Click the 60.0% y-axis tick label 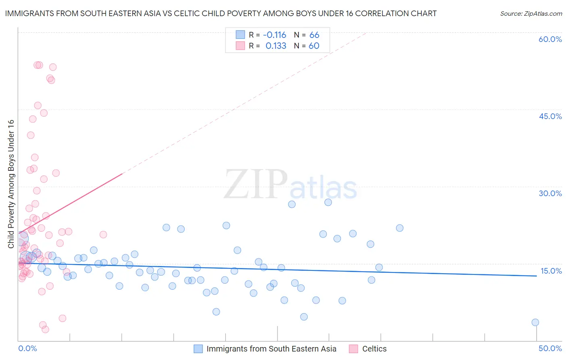click(550, 39)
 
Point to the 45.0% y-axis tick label click(550, 116)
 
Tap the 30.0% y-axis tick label click(550, 193)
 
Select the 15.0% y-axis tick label click(551, 271)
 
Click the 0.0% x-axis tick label click(27, 348)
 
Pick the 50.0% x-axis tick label click(550, 348)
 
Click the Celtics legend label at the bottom click(374, 349)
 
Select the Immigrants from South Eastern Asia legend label click(271, 349)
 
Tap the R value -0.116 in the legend click(275, 35)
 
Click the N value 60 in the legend click(314, 46)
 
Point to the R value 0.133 click(276, 46)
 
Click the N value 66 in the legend click(314, 35)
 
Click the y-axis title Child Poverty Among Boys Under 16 click(11, 184)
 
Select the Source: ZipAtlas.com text click(531, 14)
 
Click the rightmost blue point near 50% click(535, 322)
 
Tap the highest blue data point click(328, 202)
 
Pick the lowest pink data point click(46, 329)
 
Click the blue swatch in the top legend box click(240, 35)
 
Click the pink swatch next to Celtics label click(353, 349)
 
